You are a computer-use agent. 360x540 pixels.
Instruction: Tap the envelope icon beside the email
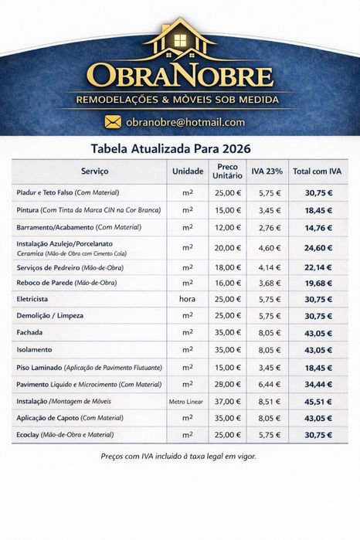pyautogui.click(x=114, y=121)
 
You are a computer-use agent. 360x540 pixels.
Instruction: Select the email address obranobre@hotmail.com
pyautogui.click(x=185, y=122)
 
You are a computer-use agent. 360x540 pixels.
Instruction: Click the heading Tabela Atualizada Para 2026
pyautogui.click(x=179, y=148)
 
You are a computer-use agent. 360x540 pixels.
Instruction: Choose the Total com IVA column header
pyautogui.click(x=317, y=171)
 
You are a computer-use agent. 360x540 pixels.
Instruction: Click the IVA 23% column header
pyautogui.click(x=267, y=171)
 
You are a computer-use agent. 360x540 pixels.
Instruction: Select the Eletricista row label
pyautogui.click(x=32, y=299)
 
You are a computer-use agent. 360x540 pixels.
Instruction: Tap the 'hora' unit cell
pyautogui.click(x=187, y=299)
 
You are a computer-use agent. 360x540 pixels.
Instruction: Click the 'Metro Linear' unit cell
pyautogui.click(x=187, y=402)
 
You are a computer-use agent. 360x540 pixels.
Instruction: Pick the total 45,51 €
pyautogui.click(x=318, y=402)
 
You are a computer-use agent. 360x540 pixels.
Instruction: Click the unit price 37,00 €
pyautogui.click(x=228, y=402)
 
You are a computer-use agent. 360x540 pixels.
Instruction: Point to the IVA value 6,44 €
pyautogui.click(x=268, y=384)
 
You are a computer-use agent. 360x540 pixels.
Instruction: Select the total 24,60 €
pyautogui.click(x=318, y=248)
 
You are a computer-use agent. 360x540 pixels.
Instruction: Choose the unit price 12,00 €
pyautogui.click(x=228, y=228)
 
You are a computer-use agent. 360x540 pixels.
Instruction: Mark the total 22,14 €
pyautogui.click(x=318, y=268)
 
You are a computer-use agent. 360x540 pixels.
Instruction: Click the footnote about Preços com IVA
pyautogui.click(x=179, y=456)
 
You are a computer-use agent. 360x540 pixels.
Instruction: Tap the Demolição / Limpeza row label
pyautogui.click(x=49, y=316)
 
